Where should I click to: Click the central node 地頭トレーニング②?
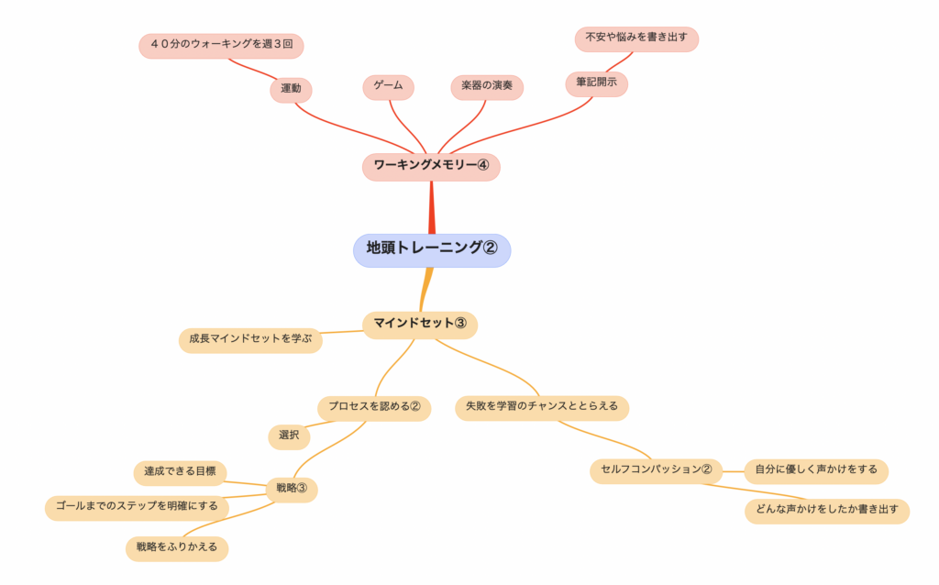(x=431, y=248)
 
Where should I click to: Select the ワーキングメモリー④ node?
(x=431, y=166)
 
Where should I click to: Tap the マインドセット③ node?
(x=420, y=324)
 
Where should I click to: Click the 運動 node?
(x=291, y=89)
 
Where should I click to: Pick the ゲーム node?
(x=388, y=86)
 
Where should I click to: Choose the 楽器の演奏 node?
(x=487, y=87)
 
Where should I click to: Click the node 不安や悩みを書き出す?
(x=636, y=39)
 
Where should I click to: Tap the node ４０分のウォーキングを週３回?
(x=221, y=45)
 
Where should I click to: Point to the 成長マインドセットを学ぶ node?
(x=250, y=339)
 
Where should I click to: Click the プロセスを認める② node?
(x=374, y=406)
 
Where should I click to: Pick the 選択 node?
(x=289, y=436)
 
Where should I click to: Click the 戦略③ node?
(x=292, y=489)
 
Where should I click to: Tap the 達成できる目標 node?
(x=180, y=472)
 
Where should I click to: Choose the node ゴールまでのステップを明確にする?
(x=137, y=506)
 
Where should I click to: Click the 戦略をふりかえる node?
(x=176, y=547)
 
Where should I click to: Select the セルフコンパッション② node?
(x=656, y=470)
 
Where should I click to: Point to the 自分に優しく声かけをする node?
(x=815, y=469)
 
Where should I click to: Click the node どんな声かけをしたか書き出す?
(x=827, y=510)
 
